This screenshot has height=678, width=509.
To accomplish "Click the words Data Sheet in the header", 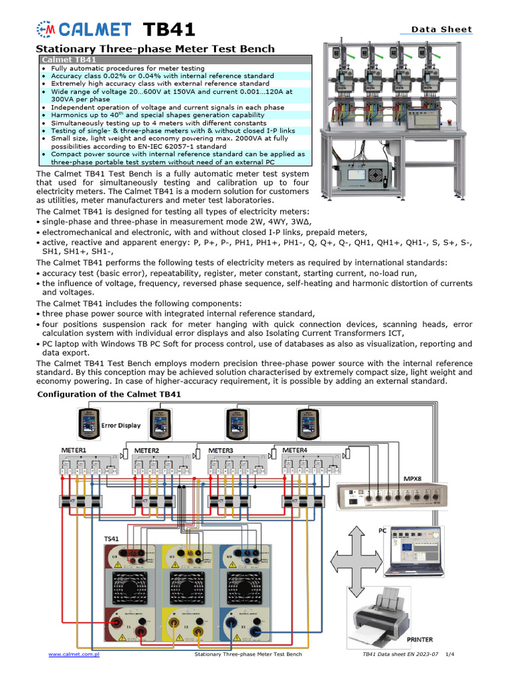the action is pyautogui.click(x=441, y=29).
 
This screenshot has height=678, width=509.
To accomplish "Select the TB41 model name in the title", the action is pyautogui.click(x=170, y=30).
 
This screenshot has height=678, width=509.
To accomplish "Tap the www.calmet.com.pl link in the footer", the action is pyautogui.click(x=74, y=654).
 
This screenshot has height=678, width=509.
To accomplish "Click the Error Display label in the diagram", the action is pyautogui.click(x=121, y=425).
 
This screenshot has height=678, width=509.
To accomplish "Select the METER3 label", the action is pyautogui.click(x=221, y=450).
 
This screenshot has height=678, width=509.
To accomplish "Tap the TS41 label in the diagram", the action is pyautogui.click(x=111, y=540).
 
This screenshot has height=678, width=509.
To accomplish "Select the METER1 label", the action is pyautogui.click(x=74, y=450).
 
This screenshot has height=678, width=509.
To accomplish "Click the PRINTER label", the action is pyautogui.click(x=419, y=640).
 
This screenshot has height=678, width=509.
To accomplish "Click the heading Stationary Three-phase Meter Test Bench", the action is pyautogui.click(x=154, y=49).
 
